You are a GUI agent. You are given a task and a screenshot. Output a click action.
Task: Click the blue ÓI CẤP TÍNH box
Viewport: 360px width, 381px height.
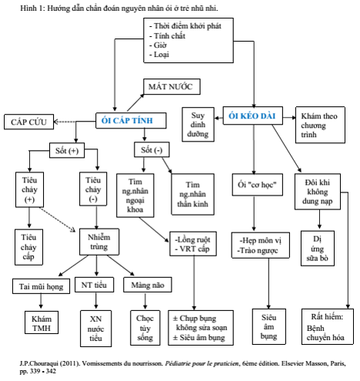(x=131, y=120)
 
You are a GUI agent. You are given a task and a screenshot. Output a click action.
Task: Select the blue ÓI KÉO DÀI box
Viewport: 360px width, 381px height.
(x=253, y=115)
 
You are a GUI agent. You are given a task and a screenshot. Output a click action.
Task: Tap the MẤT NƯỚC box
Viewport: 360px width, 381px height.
(x=172, y=87)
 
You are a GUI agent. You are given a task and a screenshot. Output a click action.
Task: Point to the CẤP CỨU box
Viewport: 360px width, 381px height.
(x=28, y=122)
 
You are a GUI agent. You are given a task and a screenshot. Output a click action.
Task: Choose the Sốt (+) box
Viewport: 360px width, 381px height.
(x=67, y=150)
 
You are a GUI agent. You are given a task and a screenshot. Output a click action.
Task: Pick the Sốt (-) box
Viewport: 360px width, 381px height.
(x=152, y=149)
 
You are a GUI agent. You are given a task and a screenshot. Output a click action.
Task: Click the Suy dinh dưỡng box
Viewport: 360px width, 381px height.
(x=198, y=125)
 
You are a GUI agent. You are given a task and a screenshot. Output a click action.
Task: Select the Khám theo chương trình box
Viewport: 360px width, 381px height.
(x=320, y=125)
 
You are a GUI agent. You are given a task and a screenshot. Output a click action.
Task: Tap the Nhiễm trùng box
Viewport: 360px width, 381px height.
(x=99, y=242)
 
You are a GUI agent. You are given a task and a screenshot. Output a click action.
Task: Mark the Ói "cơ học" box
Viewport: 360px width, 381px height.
(x=258, y=185)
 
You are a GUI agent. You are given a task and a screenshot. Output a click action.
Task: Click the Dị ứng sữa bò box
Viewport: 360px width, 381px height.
(x=318, y=249)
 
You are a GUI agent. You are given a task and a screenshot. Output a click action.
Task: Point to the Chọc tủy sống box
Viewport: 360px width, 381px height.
(x=145, y=328)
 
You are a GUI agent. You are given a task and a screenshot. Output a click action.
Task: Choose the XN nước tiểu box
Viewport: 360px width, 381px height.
(x=96, y=329)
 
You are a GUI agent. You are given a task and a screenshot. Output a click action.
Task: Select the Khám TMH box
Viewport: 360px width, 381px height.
(x=42, y=323)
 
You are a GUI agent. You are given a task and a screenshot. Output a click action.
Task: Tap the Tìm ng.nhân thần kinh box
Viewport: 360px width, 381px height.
(x=192, y=194)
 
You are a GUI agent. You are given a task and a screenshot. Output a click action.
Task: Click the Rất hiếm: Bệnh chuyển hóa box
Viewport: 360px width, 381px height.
(x=328, y=326)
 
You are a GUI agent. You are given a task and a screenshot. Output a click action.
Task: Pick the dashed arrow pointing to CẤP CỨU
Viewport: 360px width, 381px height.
(x=65, y=122)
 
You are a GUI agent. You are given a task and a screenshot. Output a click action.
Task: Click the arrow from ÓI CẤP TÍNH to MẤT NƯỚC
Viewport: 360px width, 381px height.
(x=135, y=102)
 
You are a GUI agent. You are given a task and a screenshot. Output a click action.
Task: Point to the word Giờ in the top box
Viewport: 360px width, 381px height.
(x=160, y=45)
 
